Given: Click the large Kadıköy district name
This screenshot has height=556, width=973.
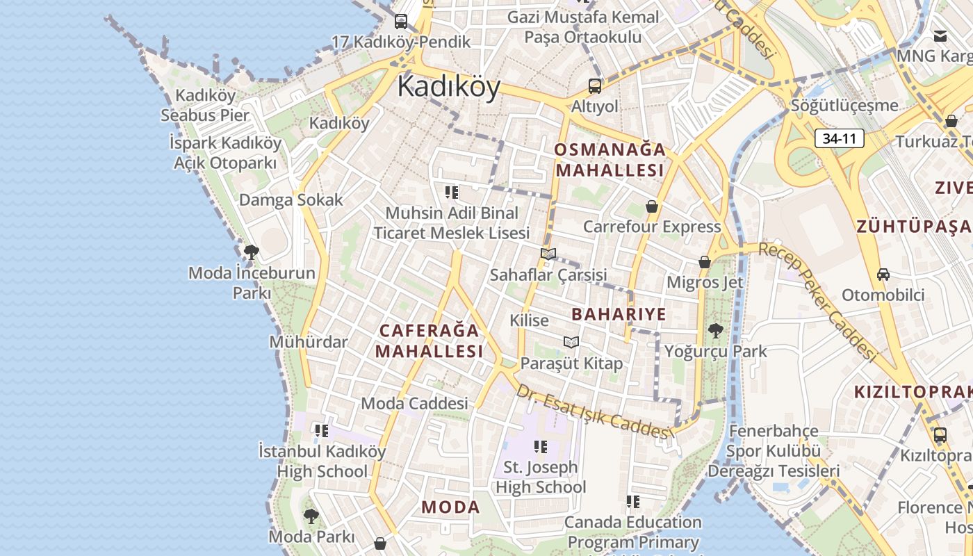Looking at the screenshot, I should point(449,88).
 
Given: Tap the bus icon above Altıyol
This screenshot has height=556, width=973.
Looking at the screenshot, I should point(595,86).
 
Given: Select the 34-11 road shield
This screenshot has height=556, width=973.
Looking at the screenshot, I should point(839,138).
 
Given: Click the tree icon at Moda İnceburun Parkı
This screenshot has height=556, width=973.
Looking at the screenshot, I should point(252,252).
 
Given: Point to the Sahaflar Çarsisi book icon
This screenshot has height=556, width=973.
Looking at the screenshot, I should point(548,254).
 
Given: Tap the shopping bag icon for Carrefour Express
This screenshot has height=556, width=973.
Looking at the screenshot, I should point(652,206).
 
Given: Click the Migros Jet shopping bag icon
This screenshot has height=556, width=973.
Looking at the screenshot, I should point(705,262).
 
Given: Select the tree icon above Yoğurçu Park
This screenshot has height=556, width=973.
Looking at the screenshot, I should point(715,330).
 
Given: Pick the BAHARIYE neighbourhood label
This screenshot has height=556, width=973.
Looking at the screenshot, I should point(619,314).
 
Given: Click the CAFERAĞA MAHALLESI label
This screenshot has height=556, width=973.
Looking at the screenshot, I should point(429,341).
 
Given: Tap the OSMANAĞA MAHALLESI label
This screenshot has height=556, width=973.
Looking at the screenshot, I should point(610,160).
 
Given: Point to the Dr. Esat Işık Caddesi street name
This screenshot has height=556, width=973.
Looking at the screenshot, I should point(595,411).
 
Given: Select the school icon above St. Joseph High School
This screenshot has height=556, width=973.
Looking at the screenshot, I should point(541,446).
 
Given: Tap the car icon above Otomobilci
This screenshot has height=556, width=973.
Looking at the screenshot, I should point(883,274).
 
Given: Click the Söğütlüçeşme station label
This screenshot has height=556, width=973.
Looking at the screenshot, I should point(844,106).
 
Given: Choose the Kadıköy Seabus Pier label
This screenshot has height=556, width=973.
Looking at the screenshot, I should point(205,105).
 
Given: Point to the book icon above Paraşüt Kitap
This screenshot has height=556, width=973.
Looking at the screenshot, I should point(571,342).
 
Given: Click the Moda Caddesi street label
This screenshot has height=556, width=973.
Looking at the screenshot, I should point(414,403).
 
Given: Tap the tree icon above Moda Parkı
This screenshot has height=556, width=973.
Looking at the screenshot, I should point(311,516).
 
